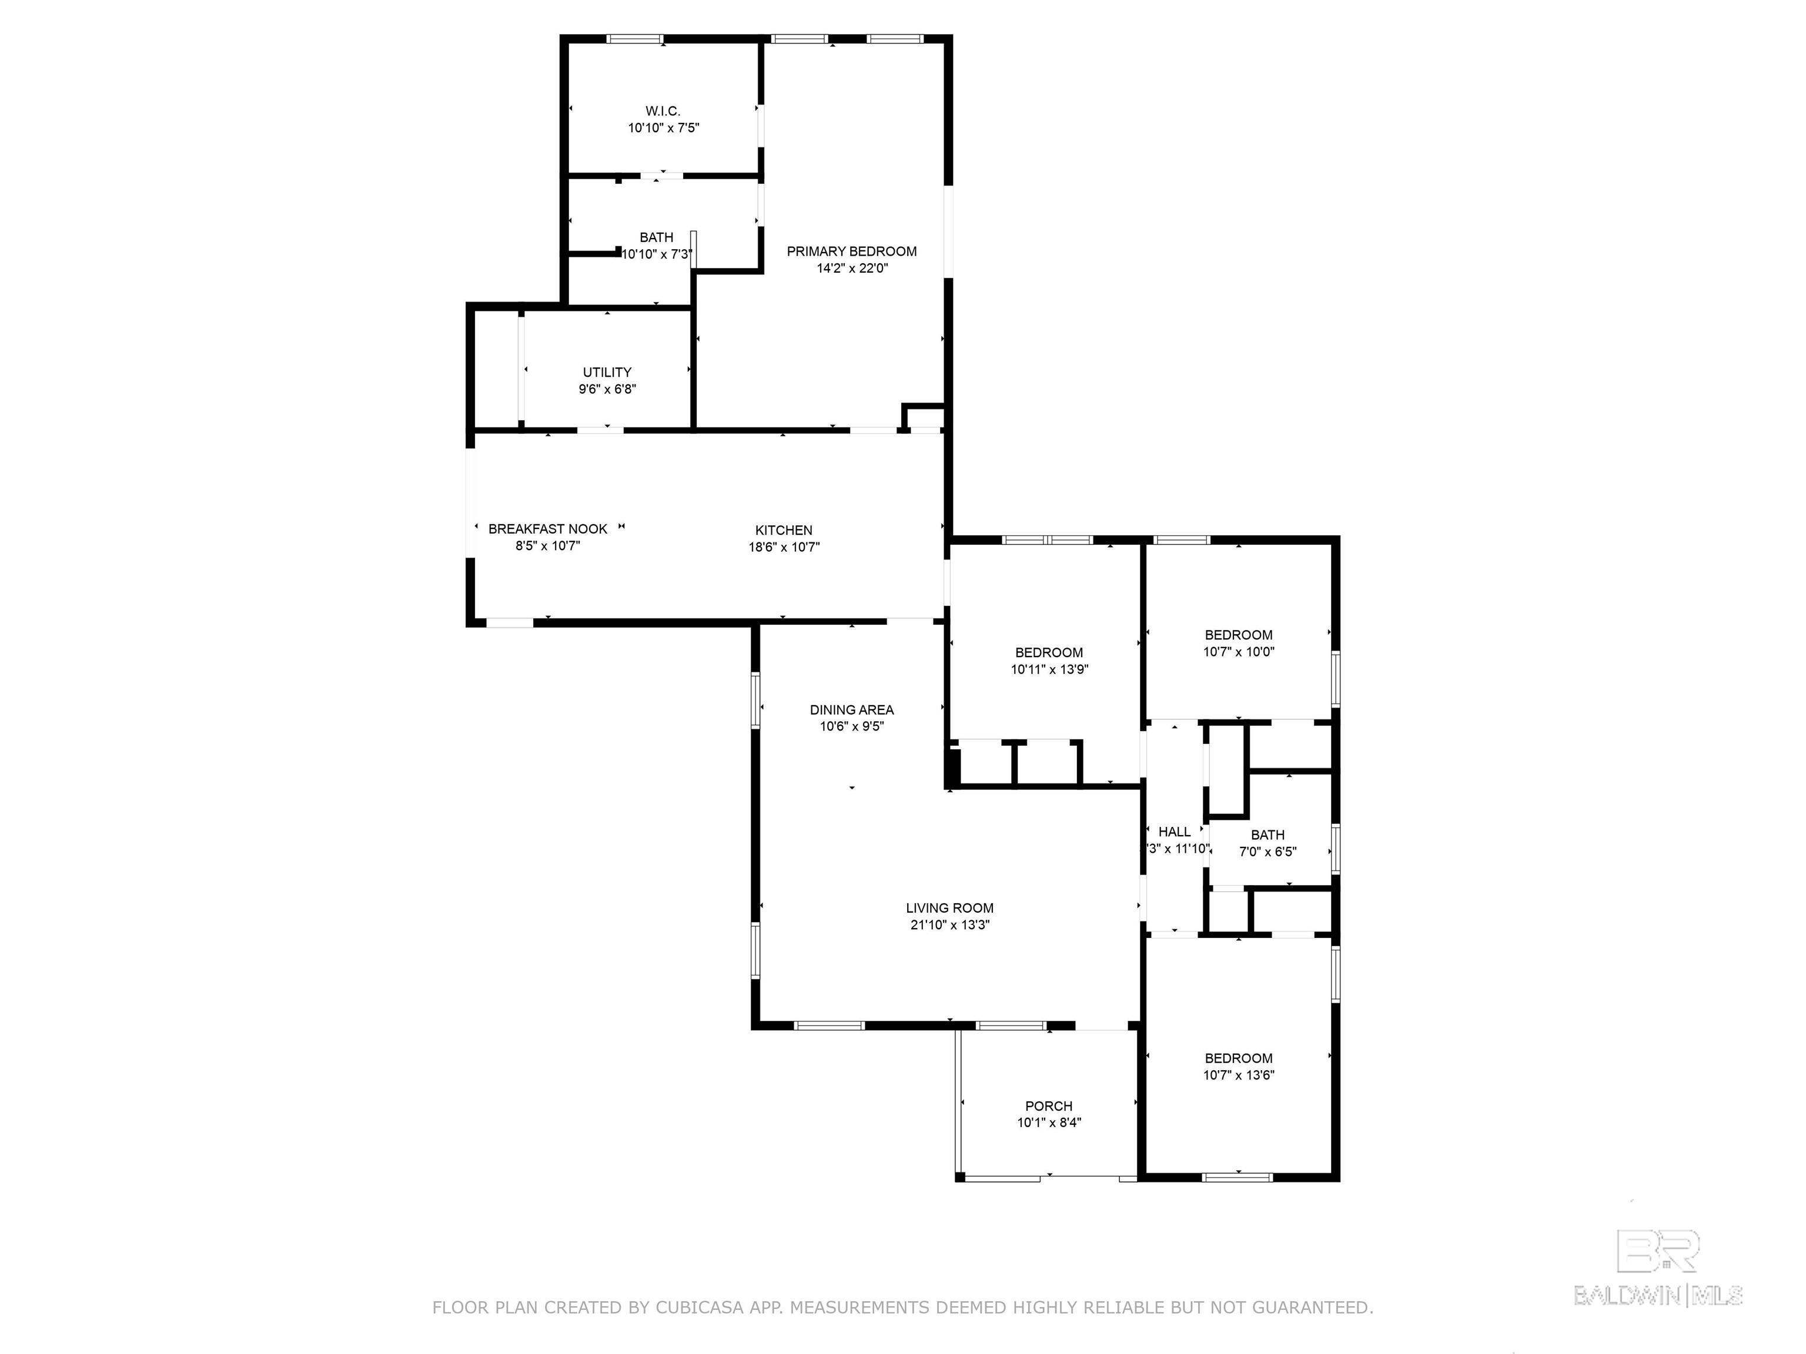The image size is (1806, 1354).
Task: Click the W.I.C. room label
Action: click(663, 111)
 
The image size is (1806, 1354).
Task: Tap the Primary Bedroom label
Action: click(852, 252)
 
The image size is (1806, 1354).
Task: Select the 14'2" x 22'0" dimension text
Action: click(852, 269)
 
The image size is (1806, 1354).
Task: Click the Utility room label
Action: click(607, 372)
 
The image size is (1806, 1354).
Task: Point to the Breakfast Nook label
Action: click(548, 529)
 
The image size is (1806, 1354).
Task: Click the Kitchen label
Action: click(784, 531)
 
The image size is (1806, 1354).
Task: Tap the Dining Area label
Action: click(852, 710)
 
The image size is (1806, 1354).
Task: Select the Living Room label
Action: click(949, 907)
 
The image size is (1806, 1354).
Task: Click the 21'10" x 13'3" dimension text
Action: click(949, 924)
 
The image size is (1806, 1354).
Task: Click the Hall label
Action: click(1174, 832)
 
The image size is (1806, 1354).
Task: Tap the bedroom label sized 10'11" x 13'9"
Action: click(1049, 652)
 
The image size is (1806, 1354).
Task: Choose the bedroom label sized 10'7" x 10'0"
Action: click(1239, 635)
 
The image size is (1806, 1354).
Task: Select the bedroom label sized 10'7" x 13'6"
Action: click(1239, 1058)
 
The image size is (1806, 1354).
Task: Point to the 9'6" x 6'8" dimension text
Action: click(607, 389)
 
